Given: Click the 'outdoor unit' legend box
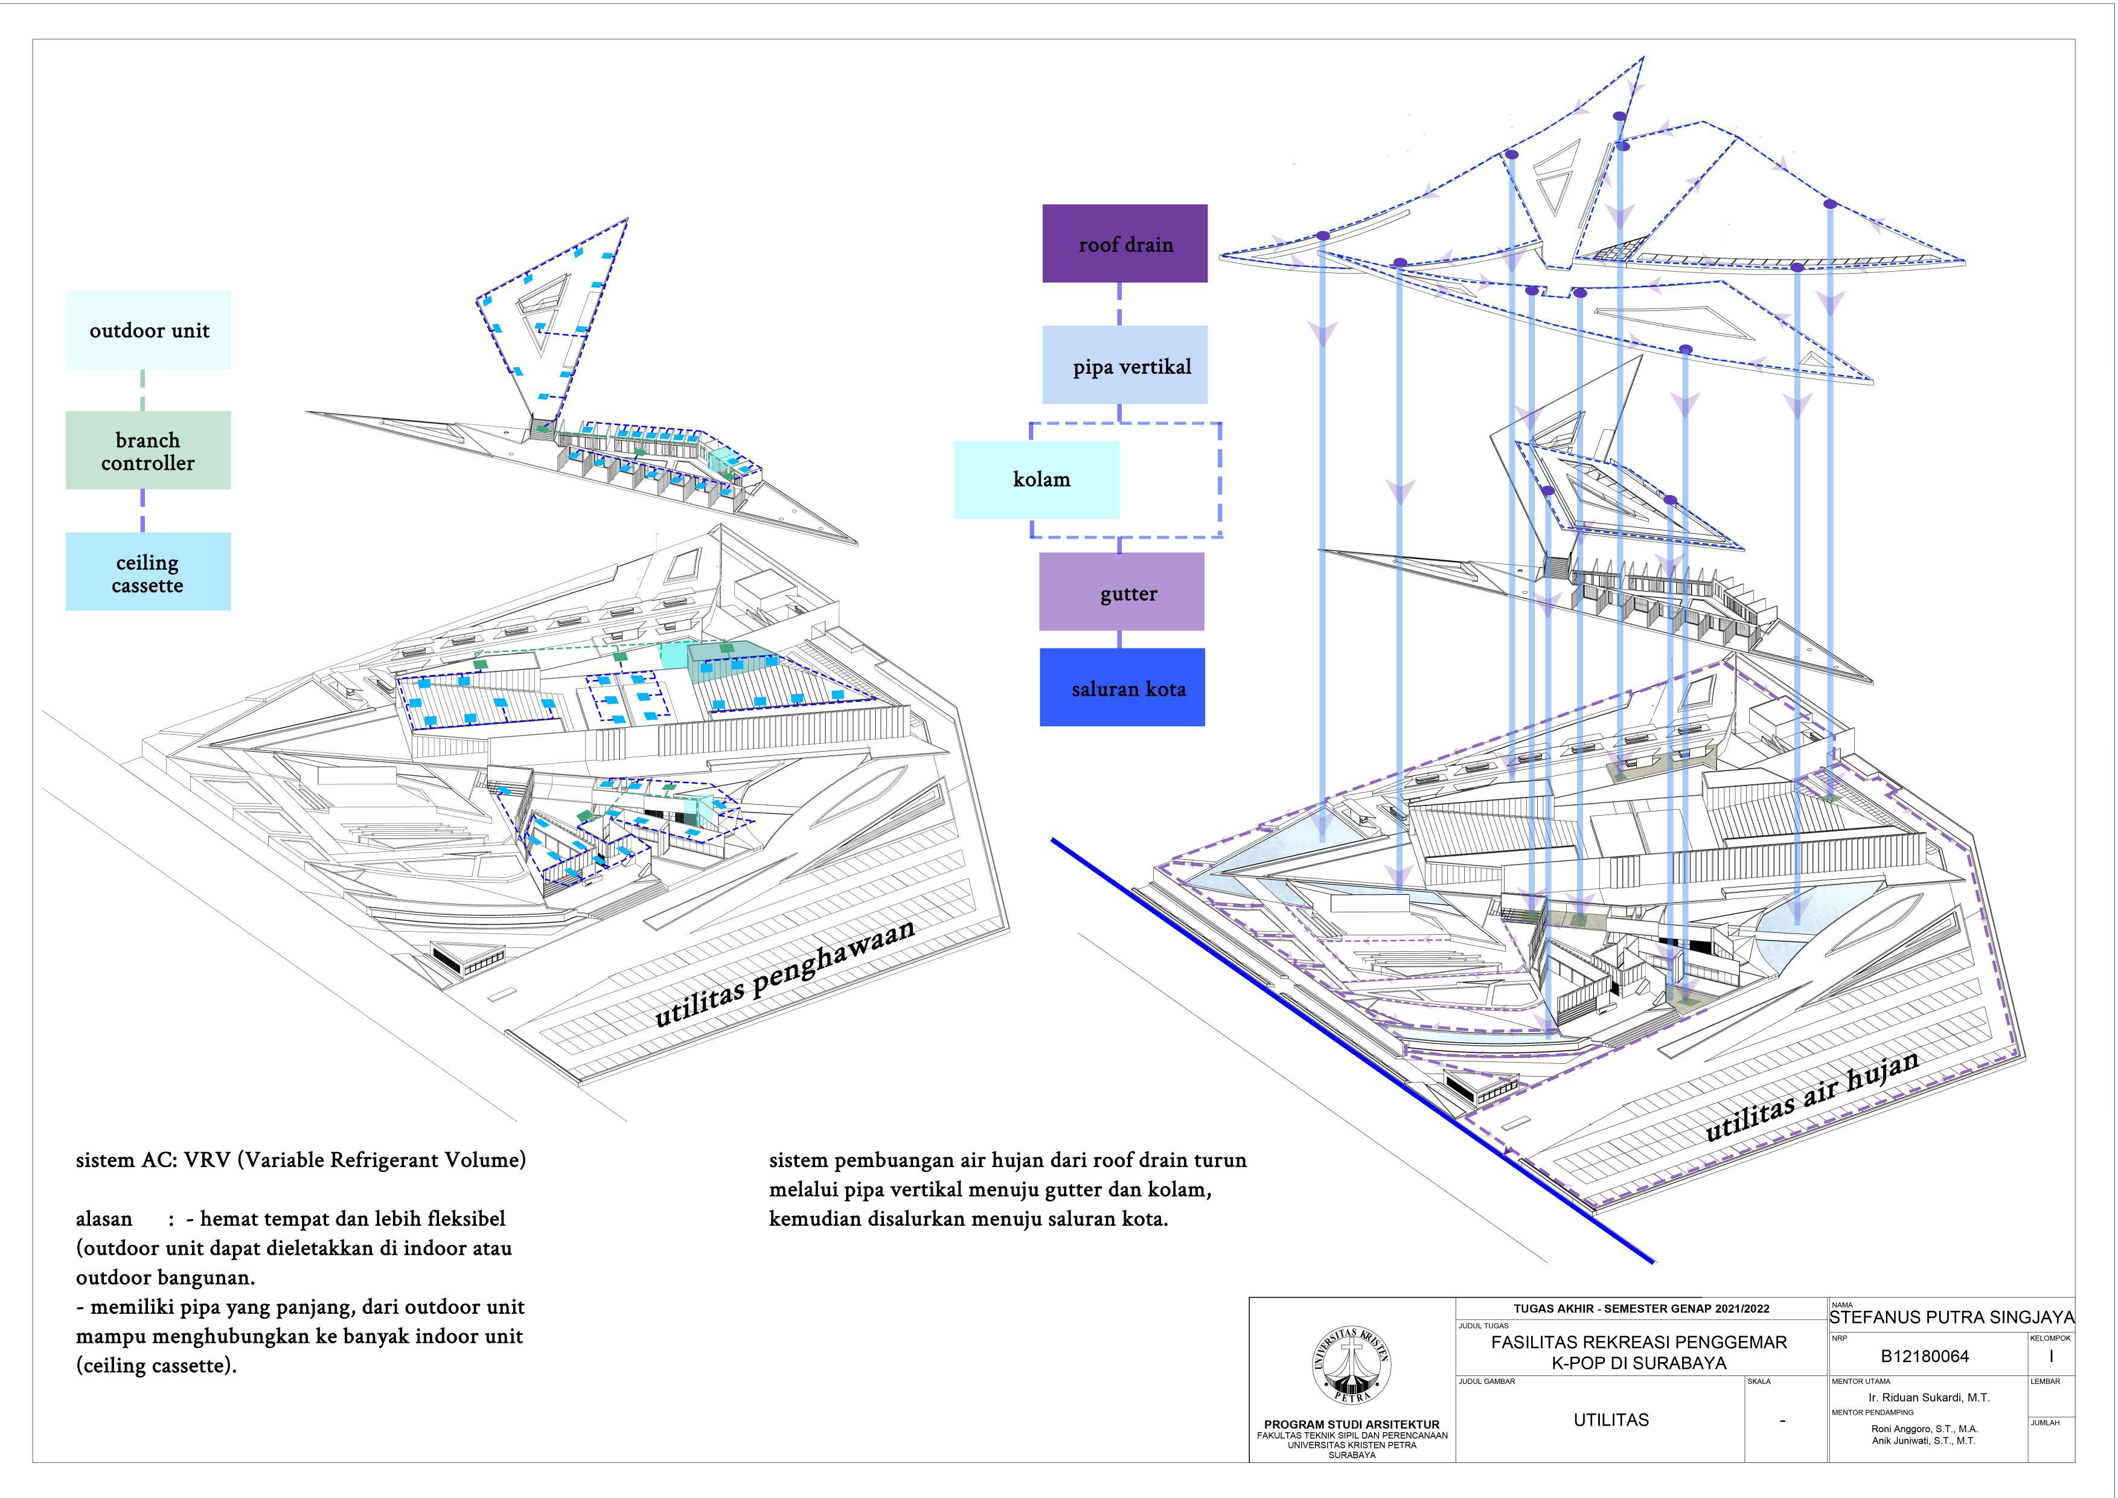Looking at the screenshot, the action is coord(147,330).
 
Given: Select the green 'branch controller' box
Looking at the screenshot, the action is coord(147,450).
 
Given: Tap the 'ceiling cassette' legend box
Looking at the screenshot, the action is coord(147,572).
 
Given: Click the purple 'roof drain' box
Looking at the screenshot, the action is coord(1124,243).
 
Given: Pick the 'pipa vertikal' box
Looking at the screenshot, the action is coord(1124,365).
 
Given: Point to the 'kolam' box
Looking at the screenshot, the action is coord(1037,479).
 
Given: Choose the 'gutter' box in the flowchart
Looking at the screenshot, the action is coord(1122,592).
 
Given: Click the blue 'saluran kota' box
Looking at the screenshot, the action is coord(1122,687).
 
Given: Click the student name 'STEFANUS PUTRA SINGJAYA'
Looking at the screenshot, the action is coord(1951,1317).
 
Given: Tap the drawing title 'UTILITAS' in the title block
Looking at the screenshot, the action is coord(1611,1420).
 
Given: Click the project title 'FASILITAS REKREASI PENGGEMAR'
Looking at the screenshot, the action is coord(1639,1342).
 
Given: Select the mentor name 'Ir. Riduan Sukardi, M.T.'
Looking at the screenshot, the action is coord(1929,1397).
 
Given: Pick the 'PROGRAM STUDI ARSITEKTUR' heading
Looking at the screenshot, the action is coord(1351,1424).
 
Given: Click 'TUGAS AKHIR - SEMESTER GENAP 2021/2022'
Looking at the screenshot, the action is coord(1641,1308).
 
